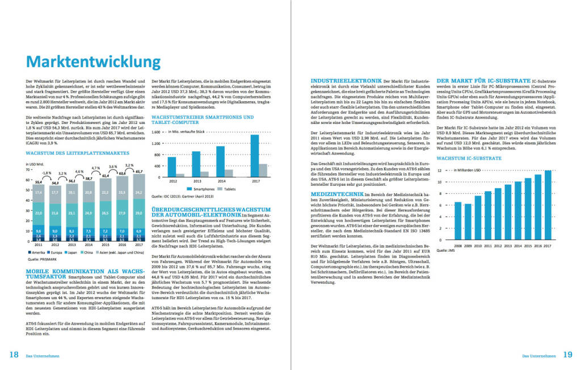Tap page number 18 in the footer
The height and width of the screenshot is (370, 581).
click(x=14, y=355)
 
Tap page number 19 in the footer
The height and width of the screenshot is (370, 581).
click(x=567, y=355)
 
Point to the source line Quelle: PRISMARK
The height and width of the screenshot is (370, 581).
click(x=40, y=259)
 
